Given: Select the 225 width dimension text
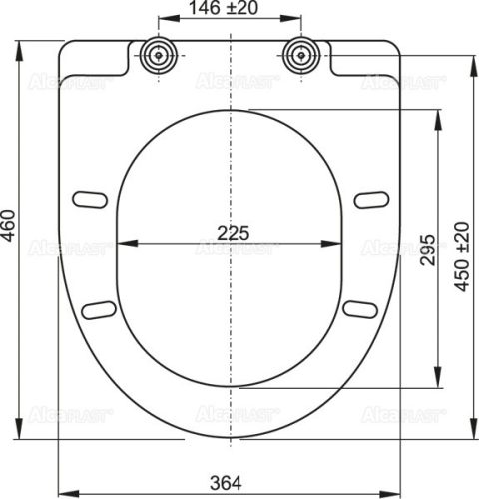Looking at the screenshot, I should click(x=234, y=231).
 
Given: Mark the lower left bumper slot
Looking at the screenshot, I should click(x=100, y=309).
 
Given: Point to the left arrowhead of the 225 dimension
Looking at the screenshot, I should click(x=122, y=244).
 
